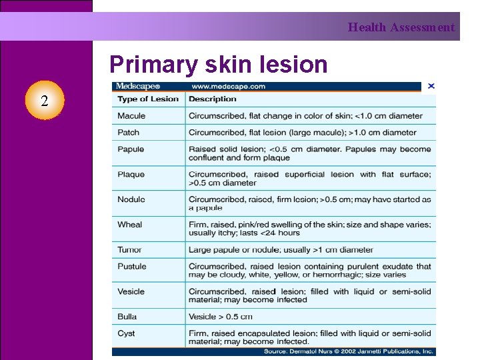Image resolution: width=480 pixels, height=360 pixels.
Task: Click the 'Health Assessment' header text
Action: pos(401,27)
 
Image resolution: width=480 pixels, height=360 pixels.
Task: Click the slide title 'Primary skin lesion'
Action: pos(219,65)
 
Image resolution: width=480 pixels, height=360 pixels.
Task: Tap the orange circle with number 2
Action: pos(44,101)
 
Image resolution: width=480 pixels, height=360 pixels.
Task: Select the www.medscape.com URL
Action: pos(228,86)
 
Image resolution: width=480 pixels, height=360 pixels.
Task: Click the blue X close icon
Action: pos(431,86)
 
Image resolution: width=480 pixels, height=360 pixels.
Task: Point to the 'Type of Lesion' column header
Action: pos(148,99)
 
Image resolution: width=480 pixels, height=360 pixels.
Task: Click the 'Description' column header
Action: pos(212,99)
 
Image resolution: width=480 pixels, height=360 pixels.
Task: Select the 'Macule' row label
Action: pos(131,115)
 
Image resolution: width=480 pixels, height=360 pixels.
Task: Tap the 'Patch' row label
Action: pos(129,132)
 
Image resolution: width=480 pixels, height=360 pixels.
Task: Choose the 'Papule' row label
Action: pos(131,149)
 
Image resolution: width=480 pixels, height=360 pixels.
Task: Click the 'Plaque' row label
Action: pos(131,174)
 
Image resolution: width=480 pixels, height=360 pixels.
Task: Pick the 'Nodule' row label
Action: pos(131,199)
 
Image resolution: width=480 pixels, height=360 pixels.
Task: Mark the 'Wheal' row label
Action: pos(130,224)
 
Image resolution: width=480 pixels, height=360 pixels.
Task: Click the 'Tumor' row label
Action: pos(130,249)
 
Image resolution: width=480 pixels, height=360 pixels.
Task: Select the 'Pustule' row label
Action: pos(132,266)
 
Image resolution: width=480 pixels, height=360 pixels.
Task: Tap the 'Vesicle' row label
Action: pos(131,291)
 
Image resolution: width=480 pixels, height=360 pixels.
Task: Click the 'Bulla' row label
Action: pos(127,316)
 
